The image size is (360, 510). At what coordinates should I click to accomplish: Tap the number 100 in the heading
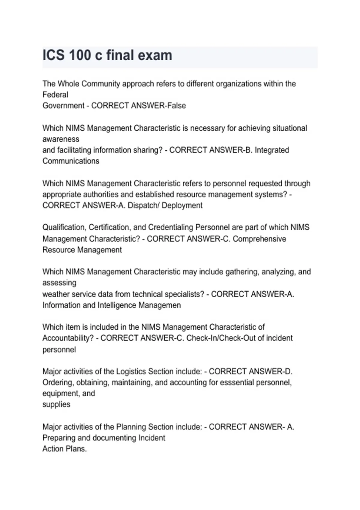(x=80, y=55)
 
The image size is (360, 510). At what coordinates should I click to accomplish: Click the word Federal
(x=55, y=95)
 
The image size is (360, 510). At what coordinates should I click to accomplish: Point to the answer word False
(x=177, y=106)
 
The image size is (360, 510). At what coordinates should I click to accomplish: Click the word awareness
(x=61, y=139)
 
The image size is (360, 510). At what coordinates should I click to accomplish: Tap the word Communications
(x=71, y=161)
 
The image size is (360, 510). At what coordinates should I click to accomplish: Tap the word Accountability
(x=68, y=338)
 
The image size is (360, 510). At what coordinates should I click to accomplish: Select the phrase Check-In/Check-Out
(x=221, y=338)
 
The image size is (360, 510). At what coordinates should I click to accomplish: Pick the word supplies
(x=56, y=404)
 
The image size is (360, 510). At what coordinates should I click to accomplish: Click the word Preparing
(x=59, y=438)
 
